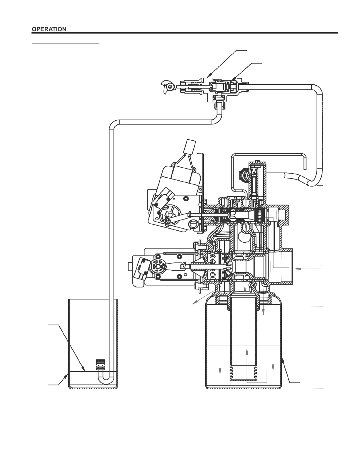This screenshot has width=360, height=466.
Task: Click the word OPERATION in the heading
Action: pyautogui.click(x=49, y=29)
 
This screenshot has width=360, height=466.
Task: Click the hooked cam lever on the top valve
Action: pyautogui.click(x=167, y=86)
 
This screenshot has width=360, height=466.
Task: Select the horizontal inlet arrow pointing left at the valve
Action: pyautogui.click(x=308, y=269)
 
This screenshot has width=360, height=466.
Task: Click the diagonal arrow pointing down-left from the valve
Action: pyautogui.click(x=207, y=295)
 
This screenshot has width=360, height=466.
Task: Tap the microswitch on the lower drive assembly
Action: pyautogui.click(x=140, y=269)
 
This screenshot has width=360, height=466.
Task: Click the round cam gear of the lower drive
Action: pyautogui.click(x=159, y=267)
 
